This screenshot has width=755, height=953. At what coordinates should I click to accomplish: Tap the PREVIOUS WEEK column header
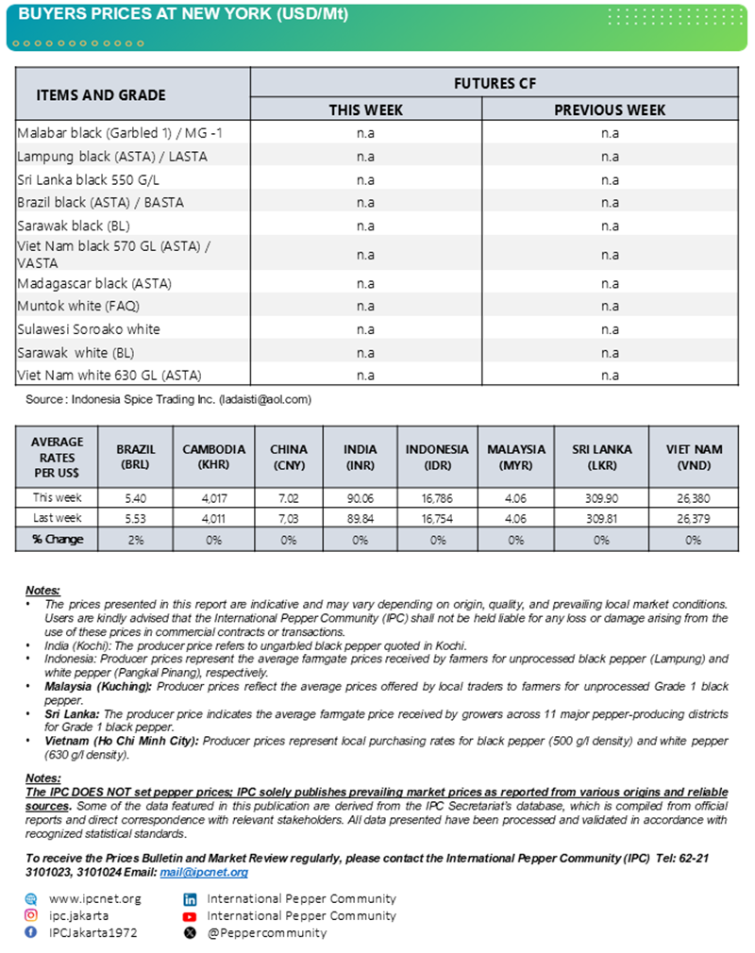(610, 109)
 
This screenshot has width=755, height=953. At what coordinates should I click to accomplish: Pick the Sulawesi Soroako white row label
(89, 328)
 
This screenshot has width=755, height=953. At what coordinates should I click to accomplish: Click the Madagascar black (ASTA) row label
(94, 283)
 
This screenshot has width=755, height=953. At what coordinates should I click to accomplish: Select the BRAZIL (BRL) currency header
(136, 457)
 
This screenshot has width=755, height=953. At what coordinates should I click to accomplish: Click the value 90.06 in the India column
(360, 497)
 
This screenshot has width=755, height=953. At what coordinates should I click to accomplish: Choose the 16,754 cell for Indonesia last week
(437, 519)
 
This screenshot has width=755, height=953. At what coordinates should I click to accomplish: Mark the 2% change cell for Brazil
(136, 540)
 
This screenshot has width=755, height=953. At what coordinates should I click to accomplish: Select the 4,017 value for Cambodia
(213, 497)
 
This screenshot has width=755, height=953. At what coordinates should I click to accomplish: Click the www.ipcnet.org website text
(94, 898)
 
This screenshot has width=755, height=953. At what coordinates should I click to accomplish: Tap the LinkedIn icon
(190, 899)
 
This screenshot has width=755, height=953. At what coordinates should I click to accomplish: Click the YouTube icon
(190, 916)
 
